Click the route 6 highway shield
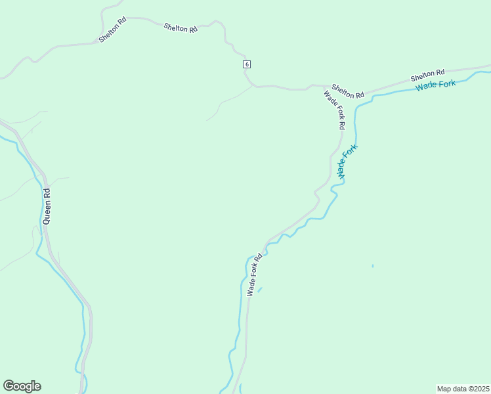(246, 64)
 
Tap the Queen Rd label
(46, 207)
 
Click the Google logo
(22, 386)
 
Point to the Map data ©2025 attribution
(463, 389)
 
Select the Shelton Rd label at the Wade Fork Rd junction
(348, 91)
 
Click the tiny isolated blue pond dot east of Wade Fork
(372, 266)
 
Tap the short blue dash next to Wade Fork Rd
(260, 289)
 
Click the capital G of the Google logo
(8, 385)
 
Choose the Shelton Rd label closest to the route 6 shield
(181, 28)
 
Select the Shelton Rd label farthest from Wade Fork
(112, 30)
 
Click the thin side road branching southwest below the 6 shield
(226, 103)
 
